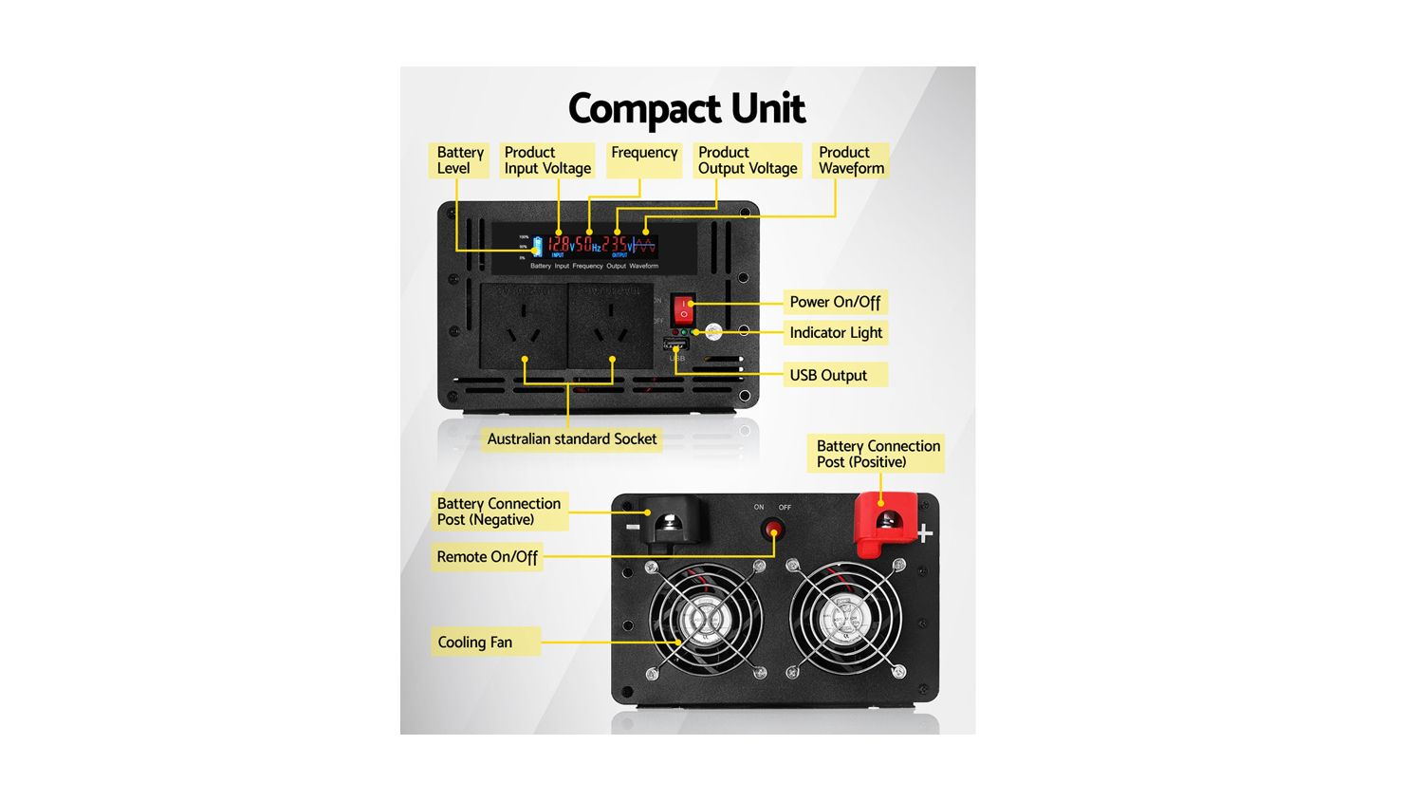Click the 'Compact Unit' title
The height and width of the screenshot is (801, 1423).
[x=686, y=109]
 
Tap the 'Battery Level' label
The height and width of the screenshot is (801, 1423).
[x=460, y=160]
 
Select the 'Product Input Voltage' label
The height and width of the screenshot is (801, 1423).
[x=547, y=160]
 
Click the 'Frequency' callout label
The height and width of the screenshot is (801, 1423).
[x=644, y=154]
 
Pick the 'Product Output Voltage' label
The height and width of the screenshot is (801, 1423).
[x=748, y=160]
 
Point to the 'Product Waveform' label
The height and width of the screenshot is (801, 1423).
[x=851, y=160]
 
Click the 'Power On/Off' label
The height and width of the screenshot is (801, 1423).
[x=835, y=302]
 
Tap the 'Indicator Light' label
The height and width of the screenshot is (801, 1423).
[x=836, y=332]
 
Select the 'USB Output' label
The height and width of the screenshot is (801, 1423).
[x=828, y=375]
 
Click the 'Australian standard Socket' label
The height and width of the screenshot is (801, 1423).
[x=572, y=438]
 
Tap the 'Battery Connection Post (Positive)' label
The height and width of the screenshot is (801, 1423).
[x=878, y=454]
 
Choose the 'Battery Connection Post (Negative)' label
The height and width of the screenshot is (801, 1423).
[x=498, y=512]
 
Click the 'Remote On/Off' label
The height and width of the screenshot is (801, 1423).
[x=487, y=557]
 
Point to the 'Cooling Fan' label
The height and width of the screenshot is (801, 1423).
[x=474, y=643]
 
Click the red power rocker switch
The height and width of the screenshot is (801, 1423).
[x=683, y=308]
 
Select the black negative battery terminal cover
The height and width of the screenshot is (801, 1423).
[x=673, y=521]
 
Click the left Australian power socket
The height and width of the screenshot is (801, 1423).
[x=523, y=327]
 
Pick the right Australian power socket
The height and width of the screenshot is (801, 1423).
[x=610, y=327]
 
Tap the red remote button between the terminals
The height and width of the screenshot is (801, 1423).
[x=774, y=529]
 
